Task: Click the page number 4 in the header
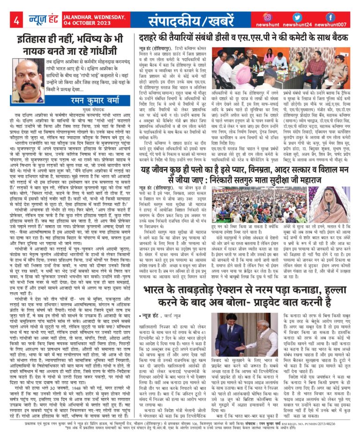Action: point(16,21)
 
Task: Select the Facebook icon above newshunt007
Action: point(330,17)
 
